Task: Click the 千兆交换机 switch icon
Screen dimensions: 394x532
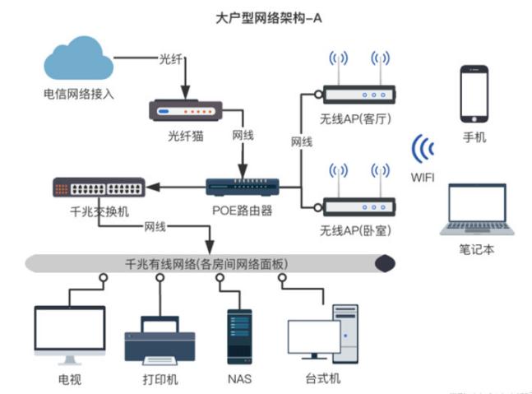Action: tap(98, 188)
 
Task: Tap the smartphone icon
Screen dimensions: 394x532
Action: tap(474, 93)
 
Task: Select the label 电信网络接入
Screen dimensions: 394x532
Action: tap(79, 94)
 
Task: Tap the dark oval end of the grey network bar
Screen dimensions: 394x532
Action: tap(385, 264)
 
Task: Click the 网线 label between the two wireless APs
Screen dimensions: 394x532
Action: tap(302, 141)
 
